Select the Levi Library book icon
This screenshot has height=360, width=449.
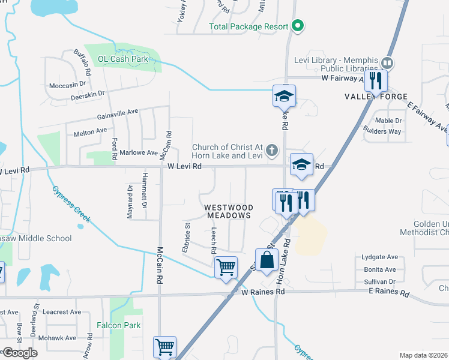tap(387, 62)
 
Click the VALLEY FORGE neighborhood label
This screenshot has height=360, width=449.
tap(376, 97)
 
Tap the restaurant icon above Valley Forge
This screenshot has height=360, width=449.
tap(376, 79)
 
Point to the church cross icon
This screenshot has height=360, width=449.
tap(273, 150)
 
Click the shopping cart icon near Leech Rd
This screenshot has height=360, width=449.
tap(226, 267)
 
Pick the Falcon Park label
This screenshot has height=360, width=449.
tap(118, 325)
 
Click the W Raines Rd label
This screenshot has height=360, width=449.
tap(262, 292)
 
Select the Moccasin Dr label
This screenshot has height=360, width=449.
tap(68, 85)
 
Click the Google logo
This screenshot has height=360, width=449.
tap(20, 352)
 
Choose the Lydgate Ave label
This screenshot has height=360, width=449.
tap(379, 257)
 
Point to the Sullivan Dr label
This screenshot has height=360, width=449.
tap(379, 281)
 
